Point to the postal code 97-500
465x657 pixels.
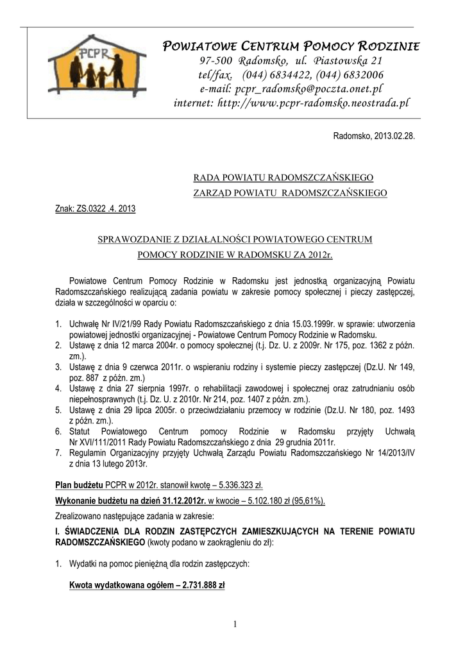click(x=217, y=61)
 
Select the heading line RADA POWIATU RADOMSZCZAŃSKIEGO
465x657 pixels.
click(x=283, y=176)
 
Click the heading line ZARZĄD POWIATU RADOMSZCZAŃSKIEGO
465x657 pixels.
click(x=290, y=192)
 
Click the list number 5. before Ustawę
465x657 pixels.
click(x=58, y=409)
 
